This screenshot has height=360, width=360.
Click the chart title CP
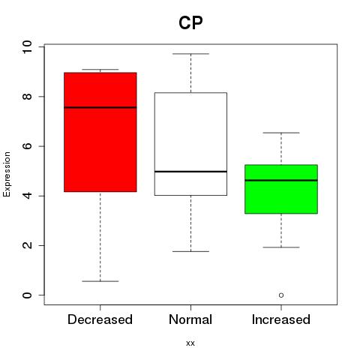190,23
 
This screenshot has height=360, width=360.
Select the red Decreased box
100,132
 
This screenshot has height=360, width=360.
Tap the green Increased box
281,189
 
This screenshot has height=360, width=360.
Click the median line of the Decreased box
100,107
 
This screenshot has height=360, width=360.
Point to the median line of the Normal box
190,172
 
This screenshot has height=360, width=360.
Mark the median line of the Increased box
281,180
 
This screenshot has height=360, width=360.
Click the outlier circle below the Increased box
281,295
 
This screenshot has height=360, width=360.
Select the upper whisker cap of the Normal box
190,54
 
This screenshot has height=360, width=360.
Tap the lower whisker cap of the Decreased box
100,281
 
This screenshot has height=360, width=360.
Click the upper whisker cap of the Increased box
281,133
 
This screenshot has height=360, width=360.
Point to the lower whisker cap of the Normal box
190,251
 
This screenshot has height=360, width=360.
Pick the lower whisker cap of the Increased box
281,247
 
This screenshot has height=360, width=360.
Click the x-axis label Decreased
100,319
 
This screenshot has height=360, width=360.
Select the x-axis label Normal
190,319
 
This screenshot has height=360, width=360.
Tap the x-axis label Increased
281,319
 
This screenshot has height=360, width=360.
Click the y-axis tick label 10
27,46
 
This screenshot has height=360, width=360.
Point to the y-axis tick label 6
27,146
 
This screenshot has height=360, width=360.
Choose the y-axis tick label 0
27,295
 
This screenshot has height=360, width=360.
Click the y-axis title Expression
7,174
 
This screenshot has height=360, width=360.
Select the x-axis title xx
190,343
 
